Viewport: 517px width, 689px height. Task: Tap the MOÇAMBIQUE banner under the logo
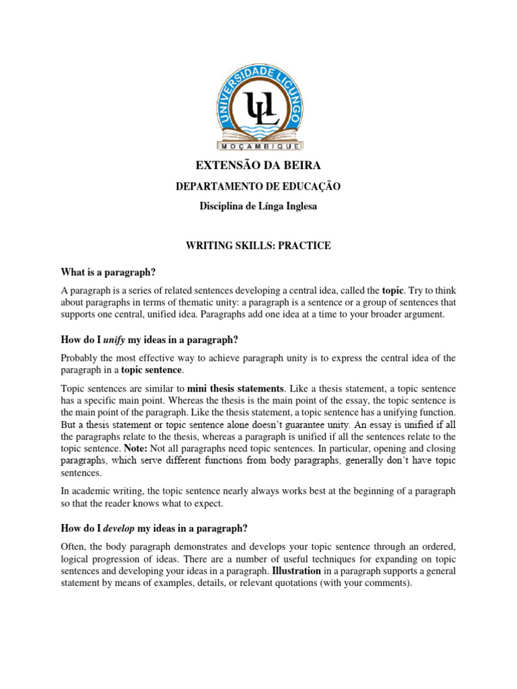[259, 145]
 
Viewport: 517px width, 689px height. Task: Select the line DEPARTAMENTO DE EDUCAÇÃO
[258, 186]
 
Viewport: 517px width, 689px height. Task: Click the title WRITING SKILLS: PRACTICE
[258, 246]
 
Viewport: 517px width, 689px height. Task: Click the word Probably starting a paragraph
[81, 357]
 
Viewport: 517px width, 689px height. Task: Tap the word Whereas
[210, 400]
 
